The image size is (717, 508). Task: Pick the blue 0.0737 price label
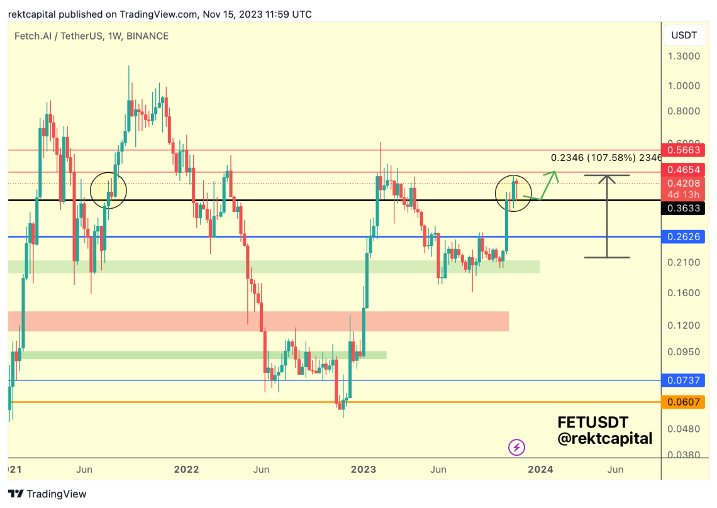click(x=684, y=380)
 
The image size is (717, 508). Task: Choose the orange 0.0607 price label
click(x=684, y=402)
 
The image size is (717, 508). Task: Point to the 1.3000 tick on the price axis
click(x=684, y=56)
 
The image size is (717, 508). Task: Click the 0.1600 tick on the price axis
click(x=684, y=293)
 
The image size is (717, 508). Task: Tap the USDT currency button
click(x=684, y=35)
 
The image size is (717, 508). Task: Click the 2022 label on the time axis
click(x=187, y=470)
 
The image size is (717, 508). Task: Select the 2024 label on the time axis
click(x=540, y=470)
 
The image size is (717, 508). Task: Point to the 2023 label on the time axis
click(x=364, y=470)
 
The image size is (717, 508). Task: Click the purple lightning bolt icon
click(x=516, y=448)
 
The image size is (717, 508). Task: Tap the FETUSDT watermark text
click(x=592, y=422)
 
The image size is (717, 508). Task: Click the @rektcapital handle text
click(x=604, y=439)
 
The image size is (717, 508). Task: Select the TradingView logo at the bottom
click(x=48, y=494)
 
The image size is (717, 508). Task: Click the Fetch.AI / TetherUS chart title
click(x=91, y=36)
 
